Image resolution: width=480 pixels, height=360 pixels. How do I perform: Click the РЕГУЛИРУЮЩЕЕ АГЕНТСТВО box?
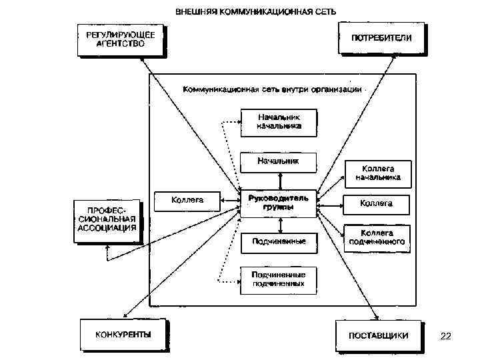click(120, 39)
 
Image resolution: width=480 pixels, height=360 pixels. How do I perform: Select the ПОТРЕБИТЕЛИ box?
click(382, 37)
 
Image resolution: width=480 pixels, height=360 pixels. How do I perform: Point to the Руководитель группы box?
click(279, 203)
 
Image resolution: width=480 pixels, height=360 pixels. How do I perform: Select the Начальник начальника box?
click(279, 122)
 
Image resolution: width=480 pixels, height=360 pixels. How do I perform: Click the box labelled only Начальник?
click(279, 161)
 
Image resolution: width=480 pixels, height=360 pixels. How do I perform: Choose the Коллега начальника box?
click(377, 173)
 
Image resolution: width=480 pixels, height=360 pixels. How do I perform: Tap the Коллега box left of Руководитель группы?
click(187, 199)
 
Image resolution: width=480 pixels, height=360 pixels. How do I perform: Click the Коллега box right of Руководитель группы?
click(376, 203)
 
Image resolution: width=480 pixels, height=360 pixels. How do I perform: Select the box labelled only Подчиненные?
click(279, 241)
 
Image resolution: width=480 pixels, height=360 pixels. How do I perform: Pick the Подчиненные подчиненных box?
click(279, 279)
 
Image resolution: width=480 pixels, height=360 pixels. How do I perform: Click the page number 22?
click(446, 336)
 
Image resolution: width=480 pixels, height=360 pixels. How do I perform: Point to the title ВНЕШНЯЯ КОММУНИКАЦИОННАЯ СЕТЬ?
click(256, 11)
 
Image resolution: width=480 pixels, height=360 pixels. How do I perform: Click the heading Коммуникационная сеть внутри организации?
click(272, 88)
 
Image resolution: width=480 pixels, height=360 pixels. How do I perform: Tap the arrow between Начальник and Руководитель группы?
click(281, 180)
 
